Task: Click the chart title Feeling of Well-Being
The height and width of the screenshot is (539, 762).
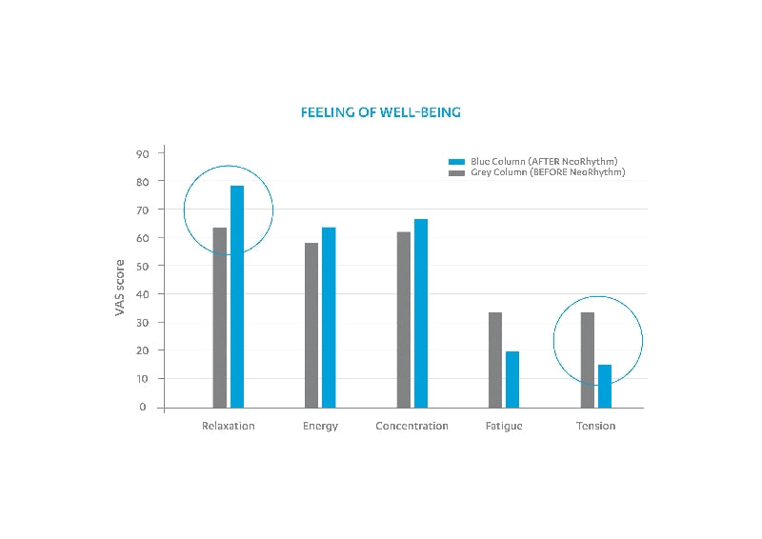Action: [x=381, y=112]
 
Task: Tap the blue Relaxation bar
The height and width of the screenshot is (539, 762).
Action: [x=237, y=296]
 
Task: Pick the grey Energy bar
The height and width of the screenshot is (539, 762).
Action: [x=311, y=325]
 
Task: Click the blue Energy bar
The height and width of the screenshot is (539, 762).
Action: [x=329, y=317]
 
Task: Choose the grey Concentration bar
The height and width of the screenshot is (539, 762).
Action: [x=404, y=319]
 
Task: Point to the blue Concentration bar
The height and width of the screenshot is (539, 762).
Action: [x=421, y=313]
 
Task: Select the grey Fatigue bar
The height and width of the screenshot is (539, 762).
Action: [x=495, y=360]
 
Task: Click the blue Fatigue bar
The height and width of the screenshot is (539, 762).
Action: [x=512, y=379]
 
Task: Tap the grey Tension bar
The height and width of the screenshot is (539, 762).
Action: [x=588, y=360]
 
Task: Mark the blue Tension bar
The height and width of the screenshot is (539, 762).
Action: [x=605, y=386]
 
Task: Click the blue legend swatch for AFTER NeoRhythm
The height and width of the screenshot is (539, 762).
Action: [x=455, y=162]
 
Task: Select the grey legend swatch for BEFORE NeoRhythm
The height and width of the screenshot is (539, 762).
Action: [x=455, y=172]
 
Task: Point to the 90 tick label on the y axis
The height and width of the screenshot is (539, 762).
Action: [x=142, y=152]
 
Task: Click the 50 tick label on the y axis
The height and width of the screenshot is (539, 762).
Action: [x=142, y=266]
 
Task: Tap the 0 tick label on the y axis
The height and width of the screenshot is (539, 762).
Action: [x=145, y=407]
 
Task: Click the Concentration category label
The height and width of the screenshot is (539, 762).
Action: [x=411, y=426]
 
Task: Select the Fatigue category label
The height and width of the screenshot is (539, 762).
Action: [x=503, y=426]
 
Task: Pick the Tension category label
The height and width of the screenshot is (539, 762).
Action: [x=595, y=426]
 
